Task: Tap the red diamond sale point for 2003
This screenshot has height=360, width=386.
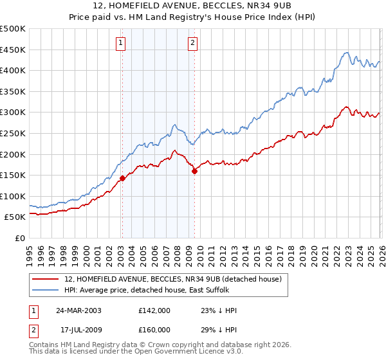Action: tap(122, 178)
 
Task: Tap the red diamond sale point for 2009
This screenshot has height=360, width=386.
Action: tap(194, 171)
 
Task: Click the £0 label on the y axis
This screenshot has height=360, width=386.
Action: tap(19, 238)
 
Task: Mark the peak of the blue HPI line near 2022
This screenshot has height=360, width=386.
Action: tap(347, 53)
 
